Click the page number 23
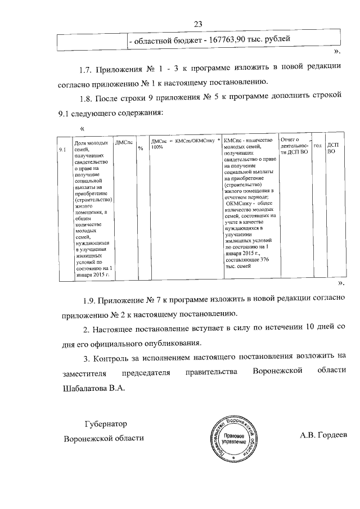[197, 24]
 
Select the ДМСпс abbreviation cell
[124, 143]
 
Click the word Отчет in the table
[288, 139]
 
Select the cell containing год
[317, 146]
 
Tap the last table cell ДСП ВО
[332, 148]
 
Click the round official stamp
[234, 439]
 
